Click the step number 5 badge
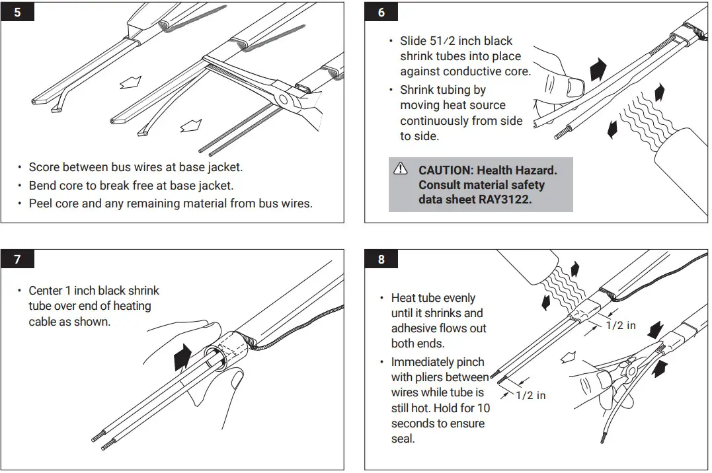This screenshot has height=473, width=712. coord(17,12)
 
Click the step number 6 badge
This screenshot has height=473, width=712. coord(381,12)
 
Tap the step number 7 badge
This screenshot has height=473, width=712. coord(17,260)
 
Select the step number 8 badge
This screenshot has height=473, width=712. coord(381,260)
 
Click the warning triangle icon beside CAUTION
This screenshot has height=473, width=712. coord(401,169)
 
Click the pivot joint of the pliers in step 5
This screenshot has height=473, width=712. coord(286,100)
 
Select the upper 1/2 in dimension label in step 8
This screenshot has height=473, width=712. coord(620,325)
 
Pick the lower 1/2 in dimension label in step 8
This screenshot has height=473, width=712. coord(531,395)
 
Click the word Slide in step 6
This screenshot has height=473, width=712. coord(415,41)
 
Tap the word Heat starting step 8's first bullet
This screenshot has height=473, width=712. coord(403,298)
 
